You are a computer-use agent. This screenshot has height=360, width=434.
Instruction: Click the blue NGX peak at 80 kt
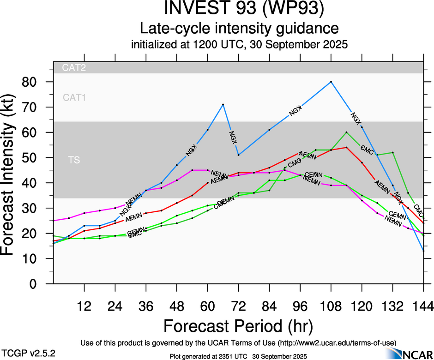tap(331, 82)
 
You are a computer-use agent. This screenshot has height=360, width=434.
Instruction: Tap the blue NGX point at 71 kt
tap(223, 104)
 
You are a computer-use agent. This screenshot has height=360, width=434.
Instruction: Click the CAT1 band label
tap(74, 97)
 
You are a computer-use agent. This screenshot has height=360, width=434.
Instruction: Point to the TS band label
tap(73, 160)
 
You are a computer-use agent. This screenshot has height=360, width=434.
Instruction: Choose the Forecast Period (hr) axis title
tap(238, 326)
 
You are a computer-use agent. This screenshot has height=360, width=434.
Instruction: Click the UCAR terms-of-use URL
tap(336, 343)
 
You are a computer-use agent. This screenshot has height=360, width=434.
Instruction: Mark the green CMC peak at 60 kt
tap(346, 132)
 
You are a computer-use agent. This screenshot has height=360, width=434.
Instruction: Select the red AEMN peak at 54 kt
tap(346, 148)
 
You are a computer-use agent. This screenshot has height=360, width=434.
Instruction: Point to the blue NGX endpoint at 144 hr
tap(423, 251)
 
